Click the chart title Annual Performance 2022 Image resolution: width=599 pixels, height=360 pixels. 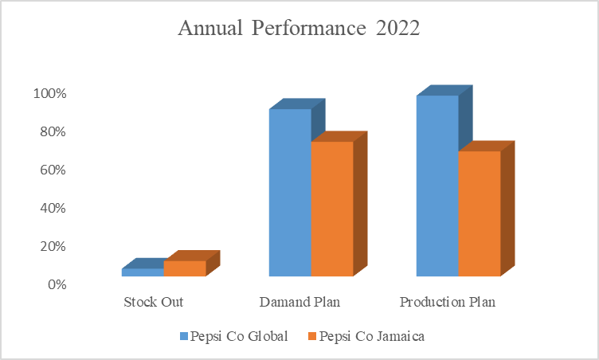[299, 29]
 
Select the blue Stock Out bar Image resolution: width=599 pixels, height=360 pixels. [143, 272]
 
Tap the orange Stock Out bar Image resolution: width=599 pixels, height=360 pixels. [185, 268]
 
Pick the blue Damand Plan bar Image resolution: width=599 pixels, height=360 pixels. [290, 193]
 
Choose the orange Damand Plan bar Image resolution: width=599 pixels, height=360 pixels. [331, 209]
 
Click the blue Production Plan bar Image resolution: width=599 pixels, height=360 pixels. [437, 186]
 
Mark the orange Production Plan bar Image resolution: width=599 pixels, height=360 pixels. [479, 213]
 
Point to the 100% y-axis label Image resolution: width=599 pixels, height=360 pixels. [49, 93]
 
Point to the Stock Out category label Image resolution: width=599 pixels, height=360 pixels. [154, 303]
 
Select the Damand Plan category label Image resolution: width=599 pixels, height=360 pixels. [300, 303]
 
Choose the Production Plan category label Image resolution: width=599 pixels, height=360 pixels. [448, 303]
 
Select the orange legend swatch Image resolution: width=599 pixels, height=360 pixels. [311, 336]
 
